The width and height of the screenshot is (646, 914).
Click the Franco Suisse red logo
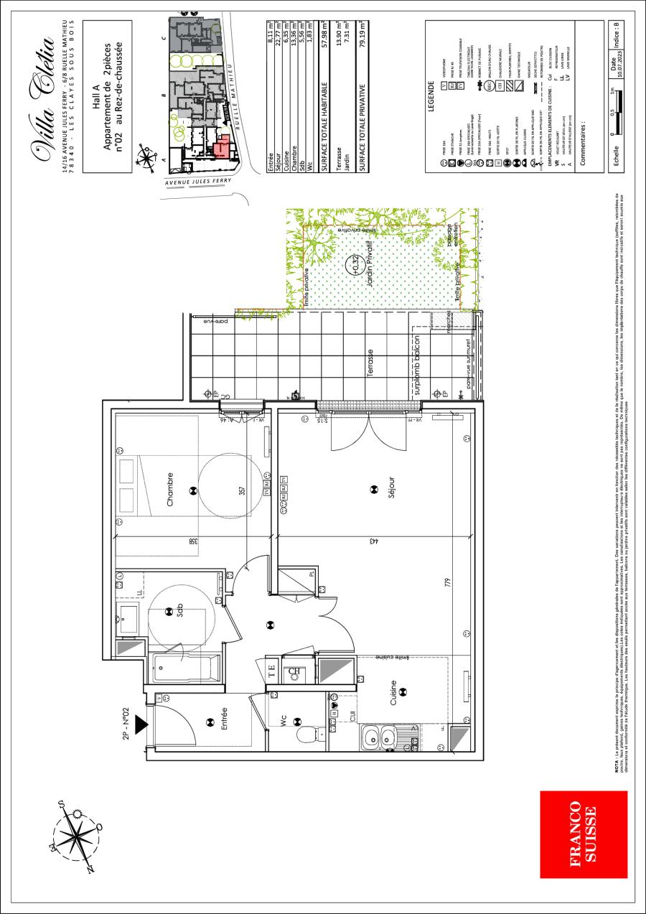(577, 834)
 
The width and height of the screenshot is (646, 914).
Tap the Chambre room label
(170, 490)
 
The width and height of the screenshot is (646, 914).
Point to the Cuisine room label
(393, 691)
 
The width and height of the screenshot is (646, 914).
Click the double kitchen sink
(379, 737)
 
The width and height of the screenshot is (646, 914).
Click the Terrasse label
(370, 358)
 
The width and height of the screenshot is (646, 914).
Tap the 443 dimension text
(374, 541)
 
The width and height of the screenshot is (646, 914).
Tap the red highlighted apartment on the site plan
(222, 146)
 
